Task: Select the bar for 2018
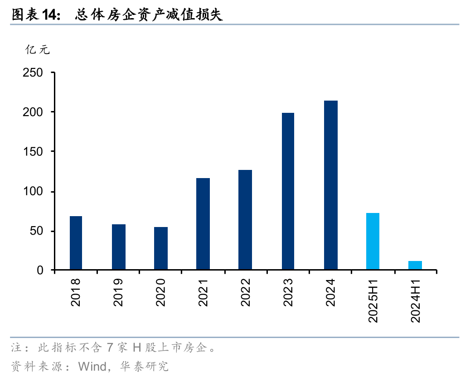coord(76,243)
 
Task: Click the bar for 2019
coord(118,247)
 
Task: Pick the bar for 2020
coord(161,248)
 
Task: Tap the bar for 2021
coord(203,224)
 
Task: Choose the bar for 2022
coord(245,220)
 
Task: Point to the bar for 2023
coord(288,191)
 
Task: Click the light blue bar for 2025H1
coord(373,242)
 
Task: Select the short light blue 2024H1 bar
coord(415,265)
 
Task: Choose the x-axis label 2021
coord(203,293)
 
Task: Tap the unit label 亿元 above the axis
coord(38,50)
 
